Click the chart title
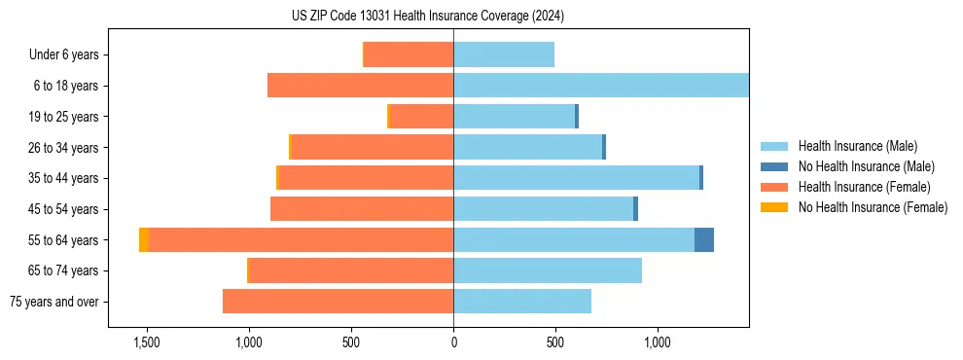(427, 16)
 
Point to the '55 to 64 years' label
(65, 239)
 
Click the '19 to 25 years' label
(65, 117)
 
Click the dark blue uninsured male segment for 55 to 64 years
(704, 239)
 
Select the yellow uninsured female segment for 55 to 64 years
(144, 239)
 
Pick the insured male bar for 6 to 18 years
(600, 86)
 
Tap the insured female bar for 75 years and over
(338, 302)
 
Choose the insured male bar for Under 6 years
(504, 54)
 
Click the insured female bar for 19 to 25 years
(421, 117)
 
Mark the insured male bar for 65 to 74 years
(548, 270)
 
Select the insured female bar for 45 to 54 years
(362, 209)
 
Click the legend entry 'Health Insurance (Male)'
(857, 146)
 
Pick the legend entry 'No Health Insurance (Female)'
(873, 207)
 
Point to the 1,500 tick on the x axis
(146, 342)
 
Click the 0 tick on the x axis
(453, 342)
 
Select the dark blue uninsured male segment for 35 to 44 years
(701, 178)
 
